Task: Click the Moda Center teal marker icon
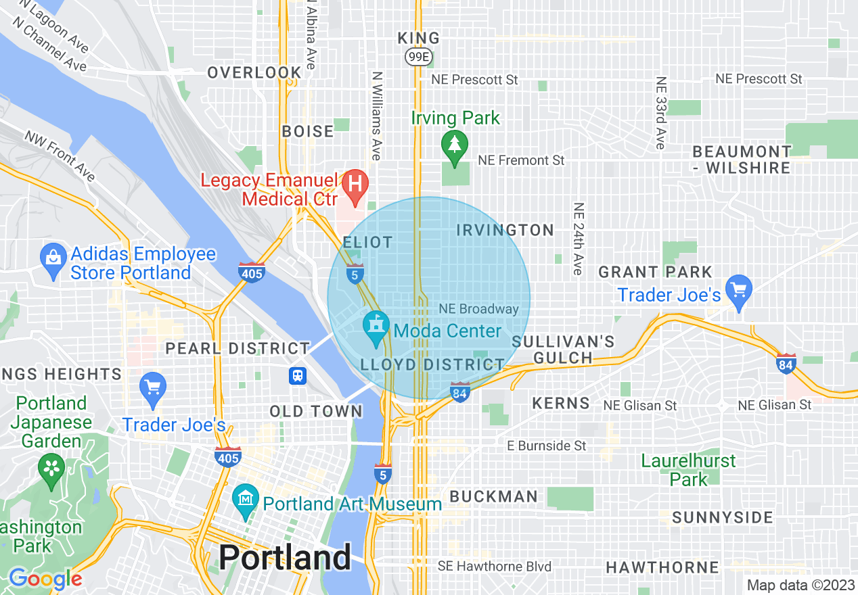[374, 326]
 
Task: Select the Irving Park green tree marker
[454, 145]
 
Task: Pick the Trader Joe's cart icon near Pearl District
[152, 388]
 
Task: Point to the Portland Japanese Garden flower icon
[51, 468]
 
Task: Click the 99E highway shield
[417, 57]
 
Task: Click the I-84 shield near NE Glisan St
[786, 363]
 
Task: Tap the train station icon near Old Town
[298, 376]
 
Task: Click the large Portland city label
[285, 558]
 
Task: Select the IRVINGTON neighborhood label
[505, 231]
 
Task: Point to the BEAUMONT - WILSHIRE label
[742, 160]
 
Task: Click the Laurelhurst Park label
[688, 471]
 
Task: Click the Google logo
[45, 579]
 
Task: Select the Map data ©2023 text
[800, 585]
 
